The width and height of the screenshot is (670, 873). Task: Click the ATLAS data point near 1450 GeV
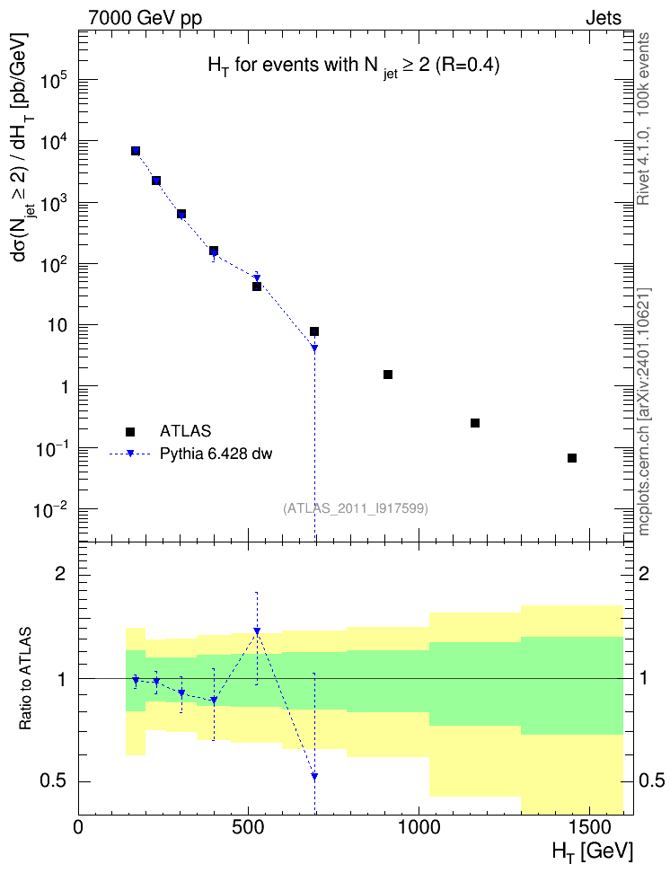(x=571, y=458)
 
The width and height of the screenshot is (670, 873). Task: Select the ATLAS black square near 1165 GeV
(x=474, y=423)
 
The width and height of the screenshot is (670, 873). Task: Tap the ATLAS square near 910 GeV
(x=388, y=375)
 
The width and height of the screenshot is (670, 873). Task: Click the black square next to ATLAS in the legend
(x=130, y=431)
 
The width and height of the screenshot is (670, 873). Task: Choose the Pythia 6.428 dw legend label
(x=216, y=454)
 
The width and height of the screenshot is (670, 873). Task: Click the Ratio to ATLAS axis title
(x=25, y=679)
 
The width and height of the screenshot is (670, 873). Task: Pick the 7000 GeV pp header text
(x=145, y=18)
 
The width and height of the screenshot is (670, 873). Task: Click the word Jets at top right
(x=604, y=18)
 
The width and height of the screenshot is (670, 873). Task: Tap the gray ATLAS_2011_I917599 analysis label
(x=356, y=508)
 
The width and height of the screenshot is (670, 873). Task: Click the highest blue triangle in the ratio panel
(x=257, y=630)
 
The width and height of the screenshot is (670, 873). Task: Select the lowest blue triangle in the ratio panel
(x=314, y=776)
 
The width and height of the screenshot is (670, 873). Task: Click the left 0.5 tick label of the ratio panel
(x=53, y=781)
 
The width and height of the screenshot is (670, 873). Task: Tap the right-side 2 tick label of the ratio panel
(x=644, y=573)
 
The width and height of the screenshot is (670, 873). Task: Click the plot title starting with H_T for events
(x=354, y=66)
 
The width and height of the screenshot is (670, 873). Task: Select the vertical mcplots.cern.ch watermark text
(x=644, y=411)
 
